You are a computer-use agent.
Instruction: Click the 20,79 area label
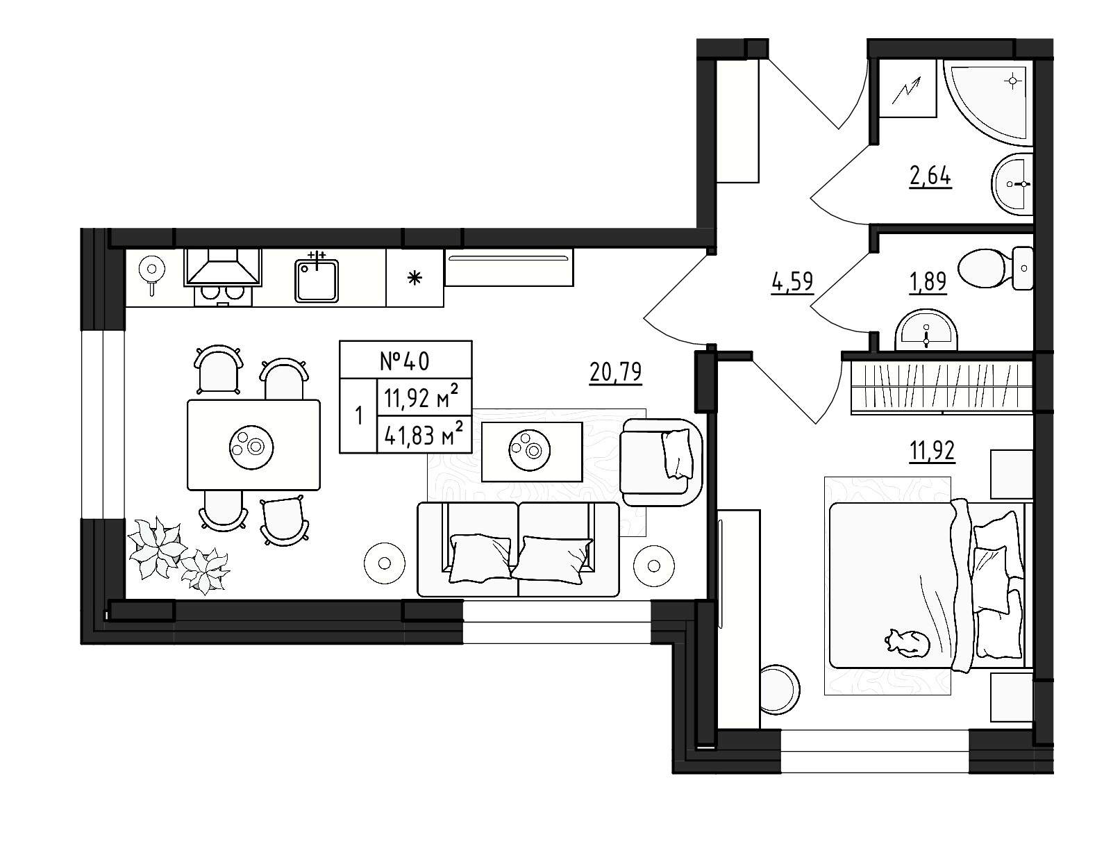(x=615, y=373)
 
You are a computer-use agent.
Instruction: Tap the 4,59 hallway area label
(x=792, y=282)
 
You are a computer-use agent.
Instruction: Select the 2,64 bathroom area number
(x=930, y=176)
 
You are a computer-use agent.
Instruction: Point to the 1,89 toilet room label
(x=928, y=282)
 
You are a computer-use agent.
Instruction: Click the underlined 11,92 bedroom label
(x=932, y=451)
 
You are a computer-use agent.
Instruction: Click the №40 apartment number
(x=405, y=361)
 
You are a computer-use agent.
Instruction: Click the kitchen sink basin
(x=317, y=281)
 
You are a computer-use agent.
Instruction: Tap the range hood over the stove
(x=223, y=267)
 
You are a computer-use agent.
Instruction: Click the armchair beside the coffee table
(x=662, y=463)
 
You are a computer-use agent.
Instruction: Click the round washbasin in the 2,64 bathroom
(x=1012, y=183)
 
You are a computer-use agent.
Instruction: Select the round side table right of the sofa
(x=654, y=566)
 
